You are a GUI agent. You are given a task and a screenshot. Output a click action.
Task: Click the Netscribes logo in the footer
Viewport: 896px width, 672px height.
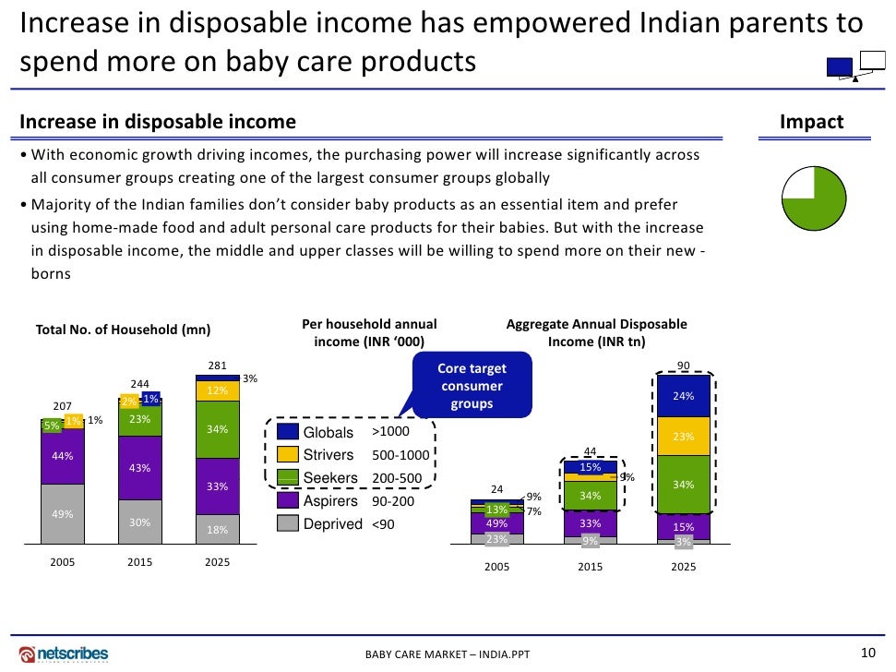[64, 654]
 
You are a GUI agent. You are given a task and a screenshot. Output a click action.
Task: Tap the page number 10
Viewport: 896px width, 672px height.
[866, 653]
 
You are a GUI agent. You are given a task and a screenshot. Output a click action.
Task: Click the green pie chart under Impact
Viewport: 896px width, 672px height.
[814, 198]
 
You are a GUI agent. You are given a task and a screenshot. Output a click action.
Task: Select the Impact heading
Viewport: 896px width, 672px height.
[811, 123]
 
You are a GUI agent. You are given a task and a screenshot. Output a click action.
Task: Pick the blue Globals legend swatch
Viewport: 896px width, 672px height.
[288, 432]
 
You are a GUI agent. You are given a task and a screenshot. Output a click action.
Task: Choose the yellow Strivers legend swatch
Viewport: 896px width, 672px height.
[288, 455]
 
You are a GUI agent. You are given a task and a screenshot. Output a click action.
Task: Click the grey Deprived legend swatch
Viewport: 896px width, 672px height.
[288, 523]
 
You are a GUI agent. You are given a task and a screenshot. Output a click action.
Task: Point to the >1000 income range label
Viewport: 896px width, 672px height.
[389, 432]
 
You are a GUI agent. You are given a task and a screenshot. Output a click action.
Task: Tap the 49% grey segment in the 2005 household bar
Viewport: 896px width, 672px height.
[63, 514]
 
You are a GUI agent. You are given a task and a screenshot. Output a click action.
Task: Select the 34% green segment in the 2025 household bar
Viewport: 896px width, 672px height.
[218, 429]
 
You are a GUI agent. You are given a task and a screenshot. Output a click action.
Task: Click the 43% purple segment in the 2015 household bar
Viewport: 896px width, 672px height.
[140, 468]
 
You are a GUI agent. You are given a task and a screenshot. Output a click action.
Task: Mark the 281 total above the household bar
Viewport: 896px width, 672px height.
[218, 366]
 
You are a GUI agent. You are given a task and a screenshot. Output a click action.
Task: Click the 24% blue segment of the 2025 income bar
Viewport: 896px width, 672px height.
[683, 396]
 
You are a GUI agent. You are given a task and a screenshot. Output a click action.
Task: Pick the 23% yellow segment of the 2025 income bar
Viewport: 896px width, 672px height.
[683, 437]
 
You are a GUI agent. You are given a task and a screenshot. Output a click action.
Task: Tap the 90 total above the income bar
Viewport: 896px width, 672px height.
[683, 366]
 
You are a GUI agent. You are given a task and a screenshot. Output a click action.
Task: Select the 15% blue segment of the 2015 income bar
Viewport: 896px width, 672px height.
[591, 467]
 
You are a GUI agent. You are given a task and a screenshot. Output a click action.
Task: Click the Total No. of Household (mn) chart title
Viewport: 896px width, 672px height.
[123, 330]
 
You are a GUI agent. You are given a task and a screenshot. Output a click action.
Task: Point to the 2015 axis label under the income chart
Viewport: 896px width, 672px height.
[591, 567]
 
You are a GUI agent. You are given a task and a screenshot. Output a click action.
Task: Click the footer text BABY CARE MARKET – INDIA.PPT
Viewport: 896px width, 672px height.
[448, 655]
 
